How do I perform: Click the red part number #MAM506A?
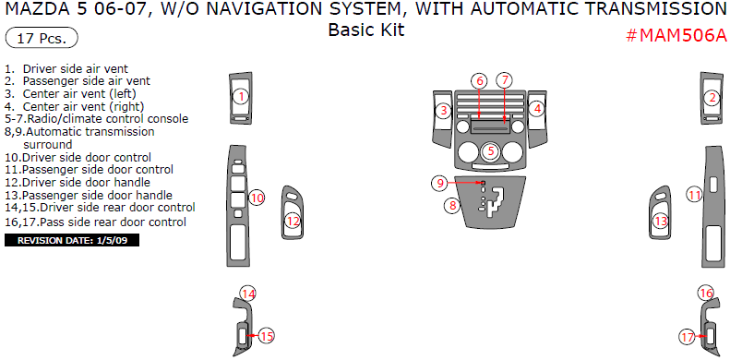point(676,35)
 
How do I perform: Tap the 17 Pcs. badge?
point(42,38)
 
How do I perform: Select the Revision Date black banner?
point(72,240)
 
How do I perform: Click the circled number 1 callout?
point(241,97)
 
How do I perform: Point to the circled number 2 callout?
point(712,98)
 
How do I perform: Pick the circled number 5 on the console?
point(491,151)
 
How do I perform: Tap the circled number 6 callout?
point(479,80)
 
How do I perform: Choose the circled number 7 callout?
point(504,80)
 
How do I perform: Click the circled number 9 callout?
point(440,183)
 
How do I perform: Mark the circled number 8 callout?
point(452,205)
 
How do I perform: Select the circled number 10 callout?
point(257,198)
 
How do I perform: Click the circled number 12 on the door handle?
point(293,222)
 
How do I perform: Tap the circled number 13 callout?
point(661,221)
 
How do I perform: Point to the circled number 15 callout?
point(267,336)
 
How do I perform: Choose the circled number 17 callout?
point(688,336)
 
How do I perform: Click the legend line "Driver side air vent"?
point(66,69)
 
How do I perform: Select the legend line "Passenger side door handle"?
point(89,195)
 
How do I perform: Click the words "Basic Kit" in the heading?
point(366,30)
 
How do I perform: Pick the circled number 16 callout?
point(706,293)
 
